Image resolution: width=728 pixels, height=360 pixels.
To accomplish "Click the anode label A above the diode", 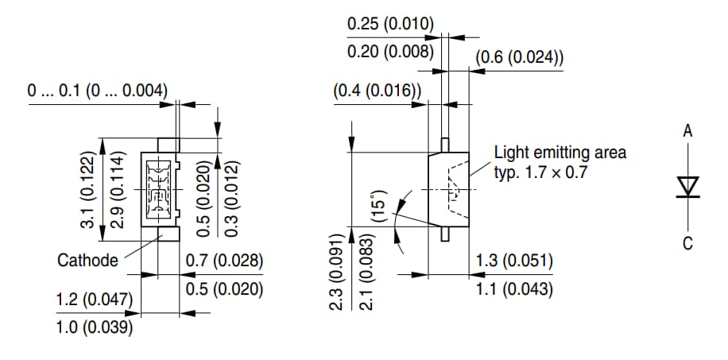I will click(x=688, y=131).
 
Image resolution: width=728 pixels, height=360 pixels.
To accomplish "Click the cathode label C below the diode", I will click(x=688, y=242).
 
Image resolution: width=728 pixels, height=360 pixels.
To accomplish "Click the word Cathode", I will click(x=87, y=260).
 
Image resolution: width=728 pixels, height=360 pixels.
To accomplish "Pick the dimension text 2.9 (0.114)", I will click(x=116, y=190).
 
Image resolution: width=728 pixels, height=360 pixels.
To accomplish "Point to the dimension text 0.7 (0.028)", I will click(x=224, y=261).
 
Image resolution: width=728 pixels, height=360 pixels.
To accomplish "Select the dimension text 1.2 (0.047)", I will click(x=95, y=300).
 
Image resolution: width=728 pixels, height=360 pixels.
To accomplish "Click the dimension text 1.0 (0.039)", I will click(x=95, y=327).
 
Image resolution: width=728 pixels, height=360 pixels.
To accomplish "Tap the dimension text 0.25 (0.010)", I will click(x=390, y=24).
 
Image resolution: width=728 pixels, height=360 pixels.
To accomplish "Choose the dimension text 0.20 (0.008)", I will click(x=390, y=52).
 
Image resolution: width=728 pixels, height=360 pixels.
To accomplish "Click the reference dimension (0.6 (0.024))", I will click(x=520, y=57).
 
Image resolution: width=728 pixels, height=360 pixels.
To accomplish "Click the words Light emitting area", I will click(x=560, y=152).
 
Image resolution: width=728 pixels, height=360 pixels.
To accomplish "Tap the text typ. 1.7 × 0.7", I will click(x=540, y=172).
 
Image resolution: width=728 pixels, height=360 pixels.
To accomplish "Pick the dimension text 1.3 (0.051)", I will click(x=514, y=261).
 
